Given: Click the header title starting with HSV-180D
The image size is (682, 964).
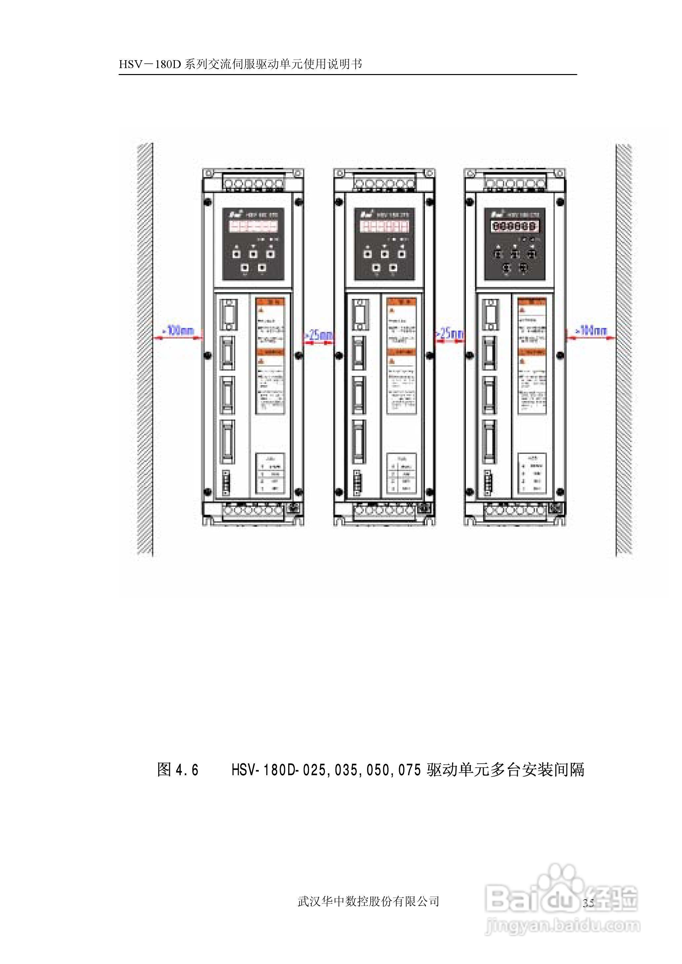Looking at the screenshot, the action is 240,64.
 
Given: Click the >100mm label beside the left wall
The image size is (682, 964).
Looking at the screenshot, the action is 181,331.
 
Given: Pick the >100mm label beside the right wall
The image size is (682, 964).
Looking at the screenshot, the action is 591,331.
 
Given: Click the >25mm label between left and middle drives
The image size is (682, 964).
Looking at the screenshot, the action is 319,335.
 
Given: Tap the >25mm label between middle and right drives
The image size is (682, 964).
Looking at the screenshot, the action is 450,334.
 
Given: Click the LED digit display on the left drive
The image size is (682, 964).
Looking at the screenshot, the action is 253,226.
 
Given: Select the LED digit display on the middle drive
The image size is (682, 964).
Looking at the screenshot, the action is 384,226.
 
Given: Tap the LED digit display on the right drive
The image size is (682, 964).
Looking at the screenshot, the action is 515,226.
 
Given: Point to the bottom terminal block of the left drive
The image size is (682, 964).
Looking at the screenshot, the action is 253,511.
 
